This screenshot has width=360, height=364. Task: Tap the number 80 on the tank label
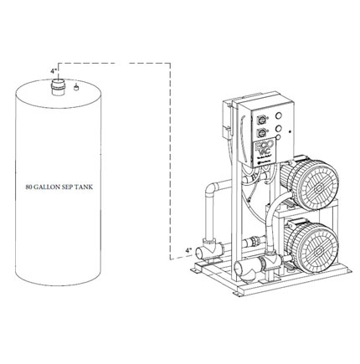(28, 187)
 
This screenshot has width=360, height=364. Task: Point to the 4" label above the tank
(54, 71)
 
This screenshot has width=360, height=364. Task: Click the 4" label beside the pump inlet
(189, 250)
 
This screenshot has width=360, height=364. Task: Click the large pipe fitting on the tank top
(59, 88)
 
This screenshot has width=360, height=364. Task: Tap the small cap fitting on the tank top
(75, 88)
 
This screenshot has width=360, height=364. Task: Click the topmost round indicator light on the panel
(278, 115)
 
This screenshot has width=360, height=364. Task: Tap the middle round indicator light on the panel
(278, 128)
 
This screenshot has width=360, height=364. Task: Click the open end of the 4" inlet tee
(200, 253)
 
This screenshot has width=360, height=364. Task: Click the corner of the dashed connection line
(170, 64)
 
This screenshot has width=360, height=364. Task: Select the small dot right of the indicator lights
(290, 131)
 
